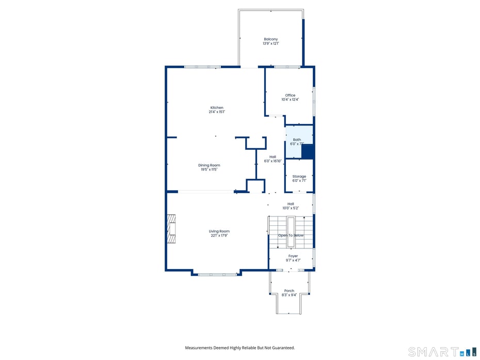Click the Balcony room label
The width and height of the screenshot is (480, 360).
pos(270,39)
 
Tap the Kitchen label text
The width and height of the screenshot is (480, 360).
pos(216,107)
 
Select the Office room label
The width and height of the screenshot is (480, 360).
pos(290,95)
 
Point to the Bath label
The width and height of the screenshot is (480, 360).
pos(297,139)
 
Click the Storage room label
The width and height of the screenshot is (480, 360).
pos(299,177)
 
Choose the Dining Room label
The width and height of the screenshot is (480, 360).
pos(209,165)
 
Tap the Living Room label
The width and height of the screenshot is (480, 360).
pos(219,231)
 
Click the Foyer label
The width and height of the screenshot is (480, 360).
pos(293,256)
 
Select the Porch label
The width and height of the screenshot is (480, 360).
pos(289,291)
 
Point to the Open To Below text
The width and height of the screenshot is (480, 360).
pos(291,236)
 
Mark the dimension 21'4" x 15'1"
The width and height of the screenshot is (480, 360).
pos(217,112)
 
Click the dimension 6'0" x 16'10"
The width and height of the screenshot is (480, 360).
pos(273,161)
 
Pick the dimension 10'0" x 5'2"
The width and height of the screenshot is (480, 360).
pos(291,208)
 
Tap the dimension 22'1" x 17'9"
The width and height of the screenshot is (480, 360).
pos(219,236)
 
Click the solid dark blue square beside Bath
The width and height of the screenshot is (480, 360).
pos(308,152)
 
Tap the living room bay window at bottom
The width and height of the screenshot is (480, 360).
pos(217,274)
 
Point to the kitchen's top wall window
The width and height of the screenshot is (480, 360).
pos(202,67)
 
